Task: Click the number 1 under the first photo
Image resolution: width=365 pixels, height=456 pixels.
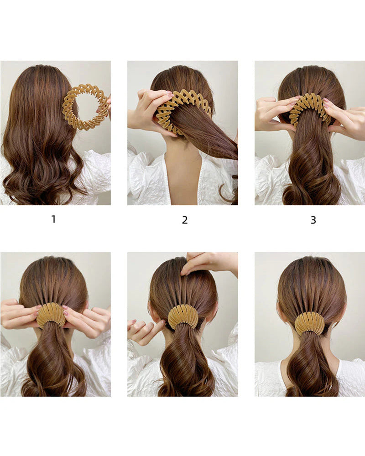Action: (x=53, y=219)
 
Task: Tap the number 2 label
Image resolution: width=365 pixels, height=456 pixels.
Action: (x=185, y=220)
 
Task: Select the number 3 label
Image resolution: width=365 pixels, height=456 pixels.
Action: (x=313, y=220)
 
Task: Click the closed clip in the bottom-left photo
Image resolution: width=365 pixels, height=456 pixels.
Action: (x=51, y=315)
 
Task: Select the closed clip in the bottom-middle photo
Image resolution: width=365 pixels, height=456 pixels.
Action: (x=183, y=316)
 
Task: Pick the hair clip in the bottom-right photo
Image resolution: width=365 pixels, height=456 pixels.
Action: (x=309, y=323)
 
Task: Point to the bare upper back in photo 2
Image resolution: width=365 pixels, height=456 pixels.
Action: (x=182, y=178)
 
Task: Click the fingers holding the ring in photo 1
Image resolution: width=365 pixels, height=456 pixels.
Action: (x=106, y=106)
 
